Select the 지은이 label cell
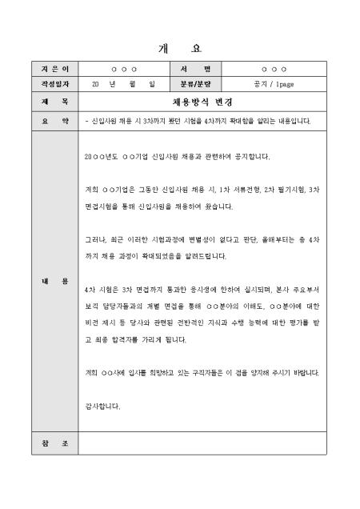click(55, 70)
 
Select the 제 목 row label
click(55, 102)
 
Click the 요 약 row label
click(55, 122)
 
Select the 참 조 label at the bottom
click(55, 443)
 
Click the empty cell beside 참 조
click(202, 443)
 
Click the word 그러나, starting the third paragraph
click(95, 239)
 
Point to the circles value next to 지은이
click(124, 70)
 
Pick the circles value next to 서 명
click(273, 70)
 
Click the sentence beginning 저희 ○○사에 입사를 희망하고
click(202, 373)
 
